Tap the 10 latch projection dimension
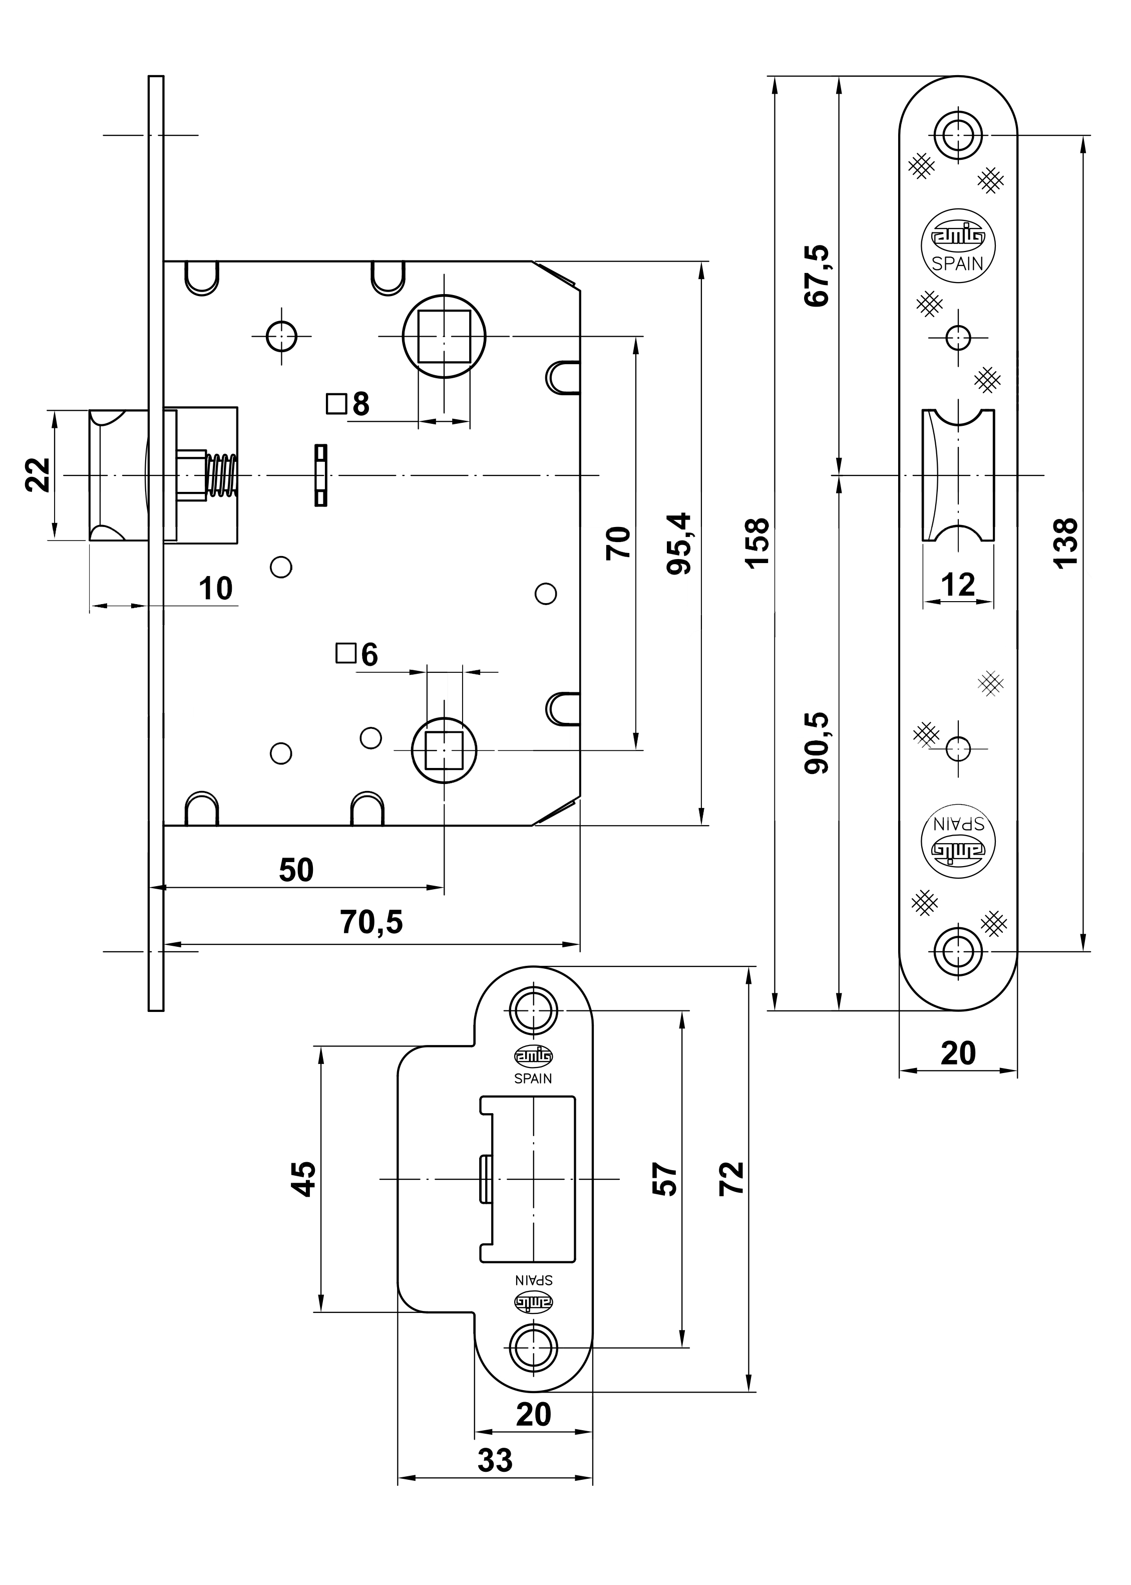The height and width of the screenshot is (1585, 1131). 215,589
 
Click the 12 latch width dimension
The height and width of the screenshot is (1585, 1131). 958,585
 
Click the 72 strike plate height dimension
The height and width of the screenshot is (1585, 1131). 732,1179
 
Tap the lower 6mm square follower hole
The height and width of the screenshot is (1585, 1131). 444,749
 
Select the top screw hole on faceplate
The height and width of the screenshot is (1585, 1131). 958,133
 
